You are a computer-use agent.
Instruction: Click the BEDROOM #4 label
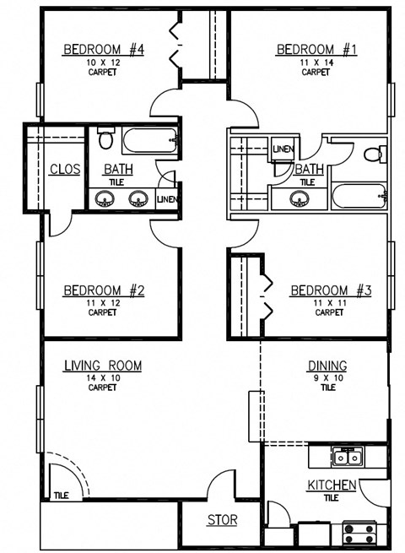click(104, 50)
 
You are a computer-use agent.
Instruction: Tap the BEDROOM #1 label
click(316, 50)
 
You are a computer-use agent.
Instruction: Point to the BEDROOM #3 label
click(331, 290)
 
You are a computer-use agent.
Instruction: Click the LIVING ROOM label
click(102, 366)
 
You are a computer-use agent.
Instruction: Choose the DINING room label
click(327, 366)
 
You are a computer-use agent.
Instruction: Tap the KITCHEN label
click(331, 485)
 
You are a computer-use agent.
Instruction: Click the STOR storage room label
click(222, 520)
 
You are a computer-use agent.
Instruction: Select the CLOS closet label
click(65, 170)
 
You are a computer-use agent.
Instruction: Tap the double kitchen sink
click(347, 458)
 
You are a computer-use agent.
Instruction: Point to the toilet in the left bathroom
click(105, 138)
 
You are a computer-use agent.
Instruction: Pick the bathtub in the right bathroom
click(359, 198)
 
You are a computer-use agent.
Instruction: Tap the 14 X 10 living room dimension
click(102, 377)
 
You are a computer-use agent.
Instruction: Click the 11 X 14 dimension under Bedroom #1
click(316, 62)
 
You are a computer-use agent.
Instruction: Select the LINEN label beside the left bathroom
click(167, 199)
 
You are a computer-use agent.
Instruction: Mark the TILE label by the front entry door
click(61, 496)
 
